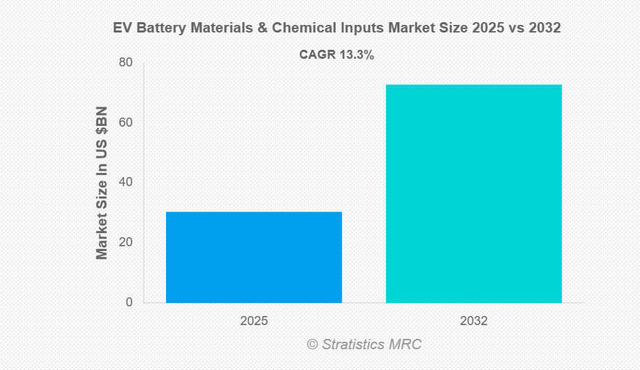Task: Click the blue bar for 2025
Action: [x=254, y=257]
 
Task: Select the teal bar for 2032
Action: [x=474, y=194]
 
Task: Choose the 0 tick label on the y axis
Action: [x=129, y=302]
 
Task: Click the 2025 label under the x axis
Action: [x=254, y=322]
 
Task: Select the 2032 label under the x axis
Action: [x=474, y=322]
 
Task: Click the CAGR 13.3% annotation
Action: [x=336, y=55]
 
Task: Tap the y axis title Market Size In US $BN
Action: [x=102, y=183]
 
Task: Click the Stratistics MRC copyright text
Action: [x=364, y=344]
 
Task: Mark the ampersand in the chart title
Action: [x=259, y=28]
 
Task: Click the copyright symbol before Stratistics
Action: [x=312, y=344]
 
